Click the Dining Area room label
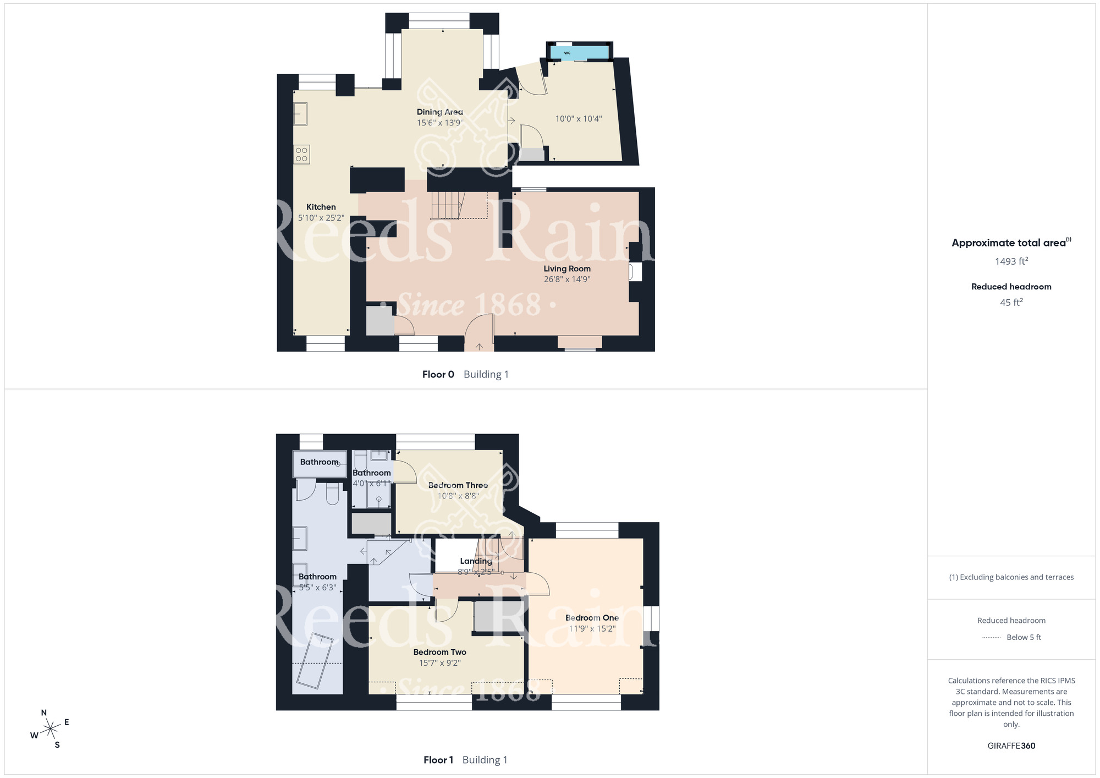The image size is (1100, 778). [439, 112]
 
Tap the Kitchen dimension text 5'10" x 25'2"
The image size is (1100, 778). [321, 218]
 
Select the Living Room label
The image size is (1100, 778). [567, 269]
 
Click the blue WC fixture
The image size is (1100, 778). [579, 53]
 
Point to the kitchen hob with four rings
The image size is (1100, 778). [301, 154]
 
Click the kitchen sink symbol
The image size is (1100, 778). [300, 114]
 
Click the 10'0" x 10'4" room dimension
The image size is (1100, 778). [579, 118]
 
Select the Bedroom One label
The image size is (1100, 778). [592, 618]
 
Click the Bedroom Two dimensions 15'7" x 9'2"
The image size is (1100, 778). [440, 663]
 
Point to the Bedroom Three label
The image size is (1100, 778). [458, 485]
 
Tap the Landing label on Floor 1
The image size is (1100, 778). [476, 561]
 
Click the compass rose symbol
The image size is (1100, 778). [51, 729]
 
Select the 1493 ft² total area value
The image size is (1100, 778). [1011, 261]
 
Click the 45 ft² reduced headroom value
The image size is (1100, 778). [1011, 302]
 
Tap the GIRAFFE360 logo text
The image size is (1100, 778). [1011, 746]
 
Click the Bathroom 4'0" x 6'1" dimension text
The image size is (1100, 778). [372, 484]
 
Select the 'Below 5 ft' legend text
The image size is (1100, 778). [1024, 637]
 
